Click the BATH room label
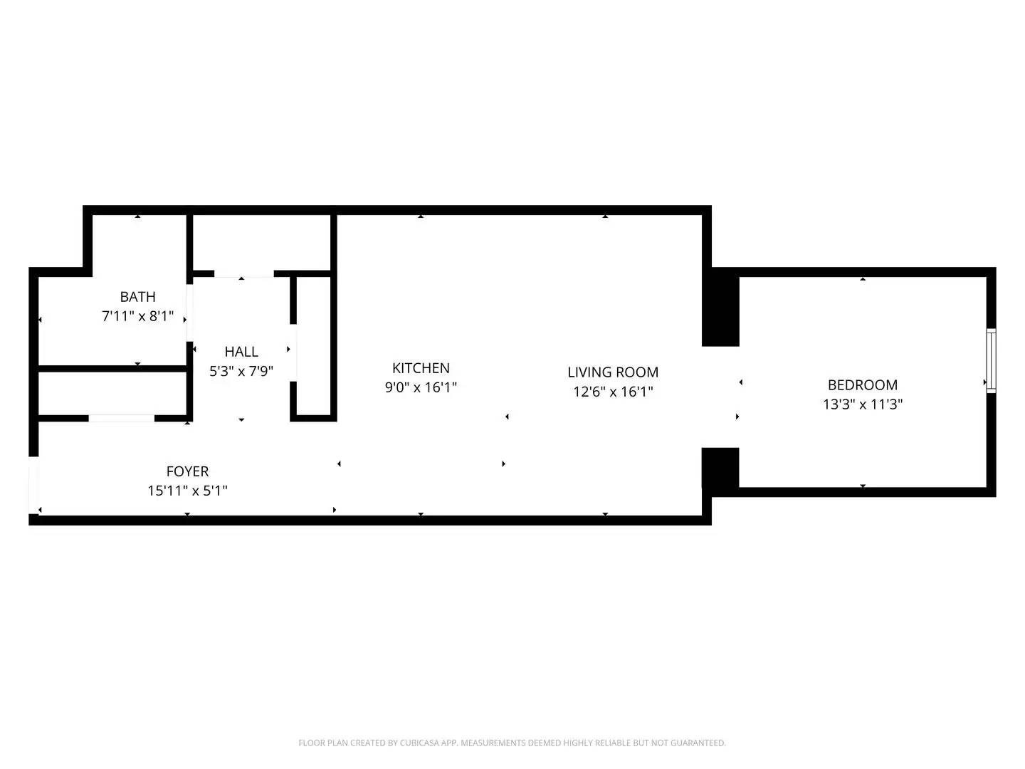pyautogui.click(x=137, y=297)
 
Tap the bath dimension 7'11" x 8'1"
pyautogui.click(x=137, y=316)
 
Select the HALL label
pyautogui.click(x=241, y=352)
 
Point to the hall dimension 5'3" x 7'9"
pyautogui.click(x=241, y=371)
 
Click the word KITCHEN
pyautogui.click(x=421, y=368)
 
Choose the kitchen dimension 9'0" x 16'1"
pyautogui.click(x=421, y=387)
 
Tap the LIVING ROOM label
pyautogui.click(x=612, y=372)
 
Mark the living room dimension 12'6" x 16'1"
pyautogui.click(x=612, y=392)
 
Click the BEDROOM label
pyautogui.click(x=862, y=385)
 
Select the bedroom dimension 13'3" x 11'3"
pyautogui.click(x=862, y=404)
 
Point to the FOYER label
pyautogui.click(x=187, y=471)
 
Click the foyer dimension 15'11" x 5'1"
pyautogui.click(x=187, y=491)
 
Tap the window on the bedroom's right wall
pyautogui.click(x=990, y=360)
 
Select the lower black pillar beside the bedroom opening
pyautogui.click(x=720, y=467)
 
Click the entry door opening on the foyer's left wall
pyautogui.click(x=33, y=484)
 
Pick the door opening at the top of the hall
pyautogui.click(x=243, y=273)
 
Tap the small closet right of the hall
pyautogui.click(x=313, y=345)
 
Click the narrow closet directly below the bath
pyautogui.click(x=112, y=392)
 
